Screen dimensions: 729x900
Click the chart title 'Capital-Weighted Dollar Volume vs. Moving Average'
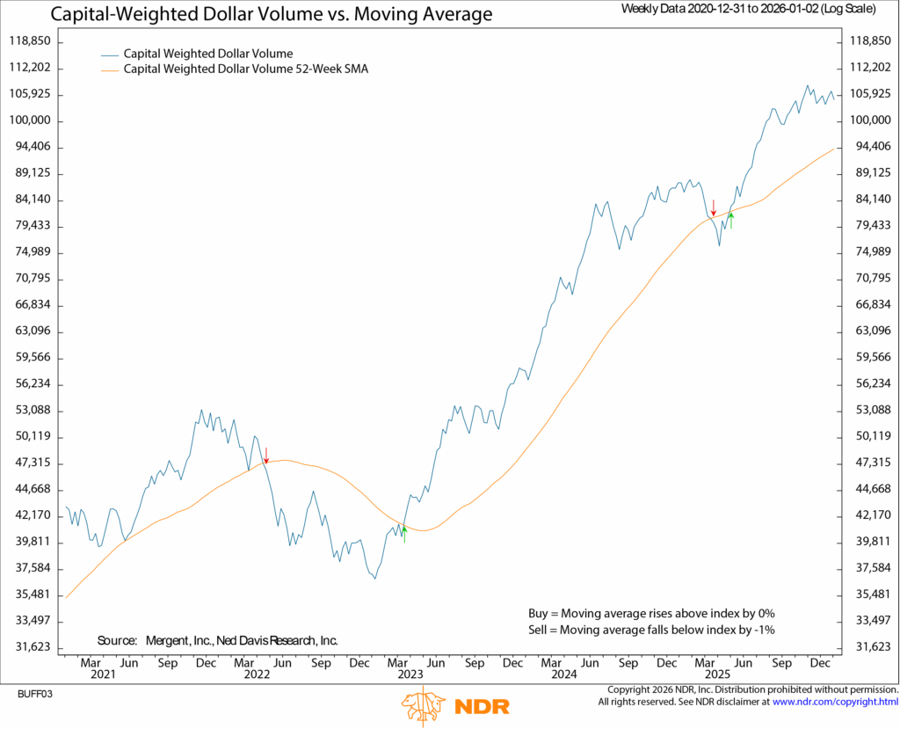(x=272, y=15)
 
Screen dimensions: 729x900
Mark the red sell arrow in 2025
(x=714, y=208)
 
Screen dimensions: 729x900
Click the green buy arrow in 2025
(x=730, y=220)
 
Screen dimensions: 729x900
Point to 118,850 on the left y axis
(x=29, y=41)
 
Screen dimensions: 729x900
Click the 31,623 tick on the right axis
(x=870, y=647)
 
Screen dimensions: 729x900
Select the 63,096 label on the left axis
(x=29, y=332)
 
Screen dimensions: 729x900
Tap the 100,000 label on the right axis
(x=870, y=120)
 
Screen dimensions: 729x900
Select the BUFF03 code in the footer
(x=35, y=694)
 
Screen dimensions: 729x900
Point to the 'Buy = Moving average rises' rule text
(x=646, y=613)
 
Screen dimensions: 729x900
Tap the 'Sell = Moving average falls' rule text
(x=646, y=630)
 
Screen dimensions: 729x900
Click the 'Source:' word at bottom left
(x=117, y=640)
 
